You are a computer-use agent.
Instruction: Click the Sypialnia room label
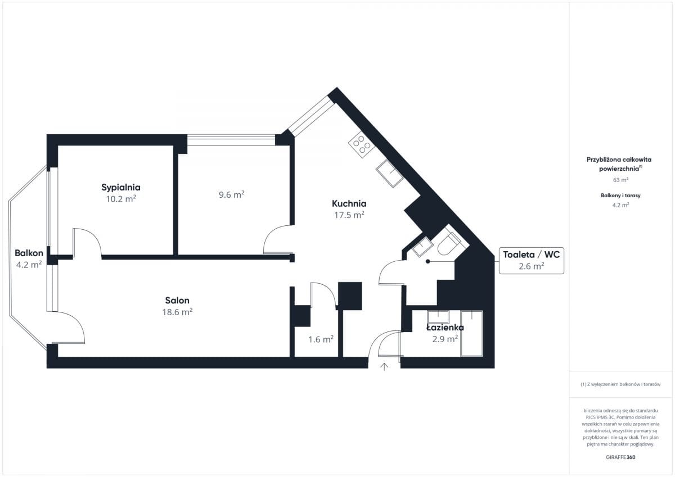click(121, 188)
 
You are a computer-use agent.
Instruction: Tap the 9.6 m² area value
click(231, 195)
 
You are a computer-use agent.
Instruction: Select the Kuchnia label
click(349, 203)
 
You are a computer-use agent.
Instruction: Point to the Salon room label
click(177, 300)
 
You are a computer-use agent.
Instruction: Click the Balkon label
click(29, 253)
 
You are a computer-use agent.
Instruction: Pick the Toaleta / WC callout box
click(531, 260)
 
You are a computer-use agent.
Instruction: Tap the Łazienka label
click(445, 328)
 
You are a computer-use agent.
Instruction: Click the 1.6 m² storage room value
click(321, 339)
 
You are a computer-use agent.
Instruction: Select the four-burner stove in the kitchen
click(362, 145)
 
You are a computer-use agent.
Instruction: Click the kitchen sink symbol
click(390, 174)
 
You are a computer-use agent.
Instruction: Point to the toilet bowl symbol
click(449, 244)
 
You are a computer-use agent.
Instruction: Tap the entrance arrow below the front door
click(384, 367)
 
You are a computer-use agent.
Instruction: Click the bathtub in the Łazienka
click(471, 333)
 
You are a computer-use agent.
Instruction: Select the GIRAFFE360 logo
click(620, 457)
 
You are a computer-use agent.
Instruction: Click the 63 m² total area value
click(620, 180)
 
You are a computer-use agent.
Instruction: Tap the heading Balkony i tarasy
click(620, 196)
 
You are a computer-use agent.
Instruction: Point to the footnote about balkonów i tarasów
click(620, 384)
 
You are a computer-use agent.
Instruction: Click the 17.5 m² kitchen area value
click(349, 215)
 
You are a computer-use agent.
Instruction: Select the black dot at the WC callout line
click(427, 261)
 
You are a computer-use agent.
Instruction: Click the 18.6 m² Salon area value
click(177, 312)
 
